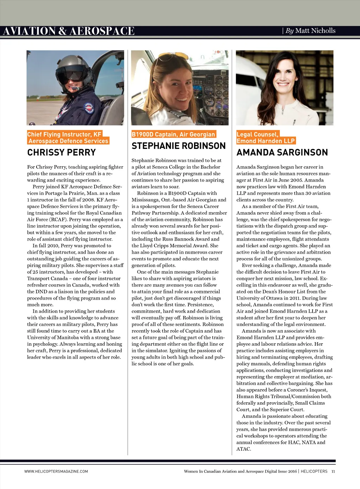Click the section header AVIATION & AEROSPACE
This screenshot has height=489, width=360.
(69, 31)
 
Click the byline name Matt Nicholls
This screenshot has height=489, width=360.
(315, 31)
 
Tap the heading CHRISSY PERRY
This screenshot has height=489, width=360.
(62, 152)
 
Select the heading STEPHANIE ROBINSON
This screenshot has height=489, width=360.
(179, 146)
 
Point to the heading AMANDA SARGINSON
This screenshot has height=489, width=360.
(282, 152)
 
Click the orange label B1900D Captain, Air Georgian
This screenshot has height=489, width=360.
(173, 134)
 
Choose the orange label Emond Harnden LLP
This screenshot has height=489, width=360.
(265, 141)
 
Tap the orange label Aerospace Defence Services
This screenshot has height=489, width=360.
(68, 141)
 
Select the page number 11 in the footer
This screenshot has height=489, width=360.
(333, 471)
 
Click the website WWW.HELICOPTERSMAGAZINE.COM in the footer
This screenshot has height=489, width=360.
(56, 471)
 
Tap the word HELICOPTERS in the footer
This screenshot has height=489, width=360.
(314, 471)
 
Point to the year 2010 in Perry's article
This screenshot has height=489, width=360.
(52, 246)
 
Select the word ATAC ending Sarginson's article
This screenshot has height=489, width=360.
(243, 449)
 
